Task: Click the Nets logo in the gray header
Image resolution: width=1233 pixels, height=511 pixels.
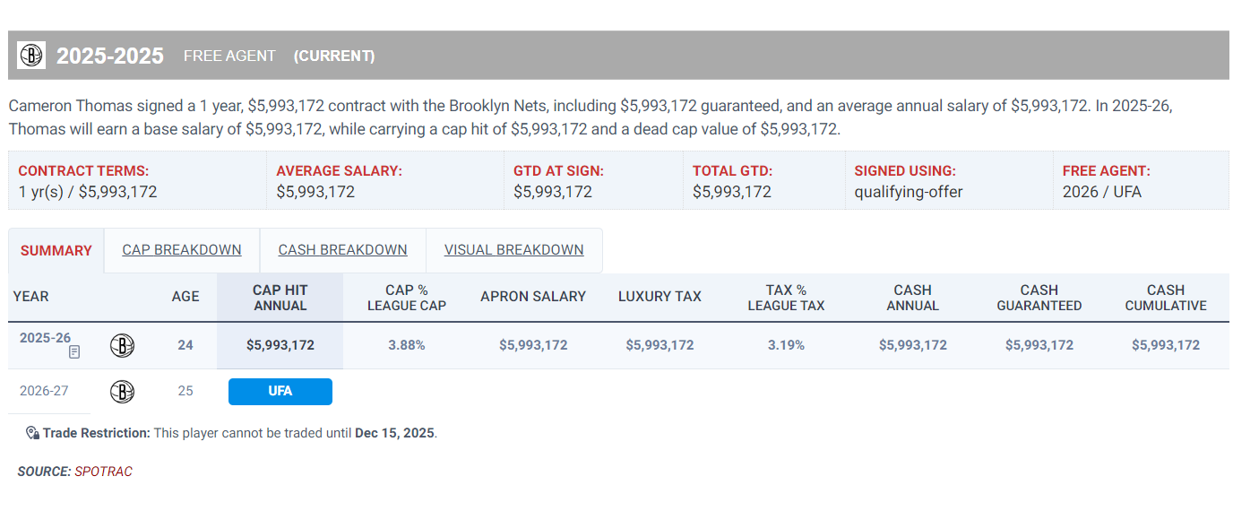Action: tap(31, 56)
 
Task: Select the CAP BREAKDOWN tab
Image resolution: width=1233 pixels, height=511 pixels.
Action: tap(182, 250)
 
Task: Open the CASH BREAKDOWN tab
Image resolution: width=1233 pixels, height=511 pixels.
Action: tap(342, 250)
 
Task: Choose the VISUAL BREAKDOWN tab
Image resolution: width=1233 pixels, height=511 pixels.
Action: tap(513, 250)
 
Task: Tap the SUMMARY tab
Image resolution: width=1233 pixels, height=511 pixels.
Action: tap(56, 251)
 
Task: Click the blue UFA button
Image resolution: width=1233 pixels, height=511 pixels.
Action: tap(280, 392)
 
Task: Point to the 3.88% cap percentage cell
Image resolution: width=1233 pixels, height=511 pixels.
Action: tap(406, 345)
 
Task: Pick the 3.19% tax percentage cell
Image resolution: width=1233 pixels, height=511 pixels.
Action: tap(786, 345)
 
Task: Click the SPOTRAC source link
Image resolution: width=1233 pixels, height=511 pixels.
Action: tap(103, 472)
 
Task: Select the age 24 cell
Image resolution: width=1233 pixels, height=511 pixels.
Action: tap(185, 345)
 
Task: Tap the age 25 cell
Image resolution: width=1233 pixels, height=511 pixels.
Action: tap(185, 392)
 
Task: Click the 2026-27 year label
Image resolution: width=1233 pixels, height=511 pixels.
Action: tap(45, 392)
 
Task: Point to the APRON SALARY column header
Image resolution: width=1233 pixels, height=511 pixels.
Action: tap(533, 297)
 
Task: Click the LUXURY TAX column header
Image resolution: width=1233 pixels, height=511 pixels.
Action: tap(660, 297)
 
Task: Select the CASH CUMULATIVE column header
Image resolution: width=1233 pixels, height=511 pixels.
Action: tap(1166, 298)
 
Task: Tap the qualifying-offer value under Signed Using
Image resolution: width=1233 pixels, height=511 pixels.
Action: tap(909, 192)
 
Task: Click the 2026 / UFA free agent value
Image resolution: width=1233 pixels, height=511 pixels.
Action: tap(1102, 192)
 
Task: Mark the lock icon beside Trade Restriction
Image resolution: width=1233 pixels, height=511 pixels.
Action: tap(32, 433)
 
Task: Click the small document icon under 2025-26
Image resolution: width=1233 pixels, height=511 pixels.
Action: tap(74, 352)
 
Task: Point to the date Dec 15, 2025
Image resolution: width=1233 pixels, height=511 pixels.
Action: tap(394, 433)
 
